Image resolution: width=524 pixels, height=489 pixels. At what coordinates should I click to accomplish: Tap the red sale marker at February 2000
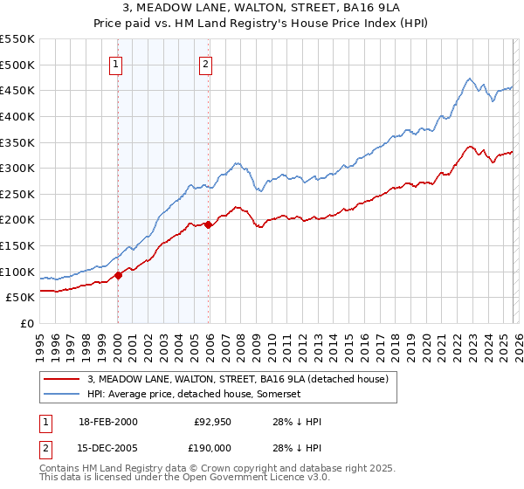click(118, 275)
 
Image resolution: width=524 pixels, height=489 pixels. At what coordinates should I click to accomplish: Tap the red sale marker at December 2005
click(209, 224)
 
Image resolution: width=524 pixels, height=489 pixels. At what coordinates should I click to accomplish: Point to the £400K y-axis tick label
click(17, 116)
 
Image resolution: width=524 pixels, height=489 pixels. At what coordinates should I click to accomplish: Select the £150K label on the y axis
click(17, 245)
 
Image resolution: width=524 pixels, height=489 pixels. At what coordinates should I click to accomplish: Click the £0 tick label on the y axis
click(27, 323)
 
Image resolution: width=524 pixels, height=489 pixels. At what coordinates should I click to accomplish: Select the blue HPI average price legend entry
click(194, 395)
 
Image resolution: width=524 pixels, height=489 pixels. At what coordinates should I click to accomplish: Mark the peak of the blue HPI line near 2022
click(469, 79)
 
